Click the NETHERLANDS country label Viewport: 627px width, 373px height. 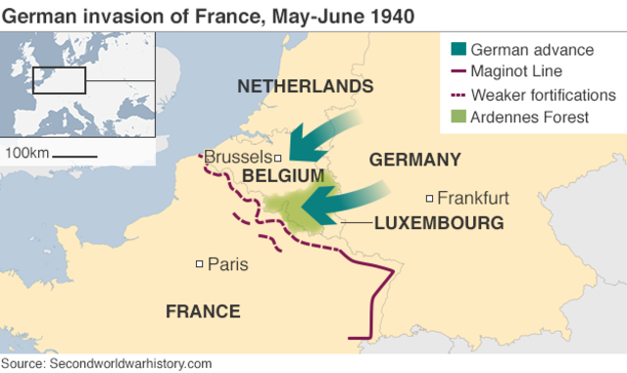point(305,87)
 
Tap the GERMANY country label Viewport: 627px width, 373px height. point(413,160)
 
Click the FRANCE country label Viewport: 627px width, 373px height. point(203,311)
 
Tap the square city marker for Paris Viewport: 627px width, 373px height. point(200,263)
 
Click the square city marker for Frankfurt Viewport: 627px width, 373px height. point(429,198)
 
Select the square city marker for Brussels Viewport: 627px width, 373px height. point(278,158)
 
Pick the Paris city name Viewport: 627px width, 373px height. point(227,263)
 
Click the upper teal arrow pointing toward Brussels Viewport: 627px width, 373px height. point(328,137)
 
